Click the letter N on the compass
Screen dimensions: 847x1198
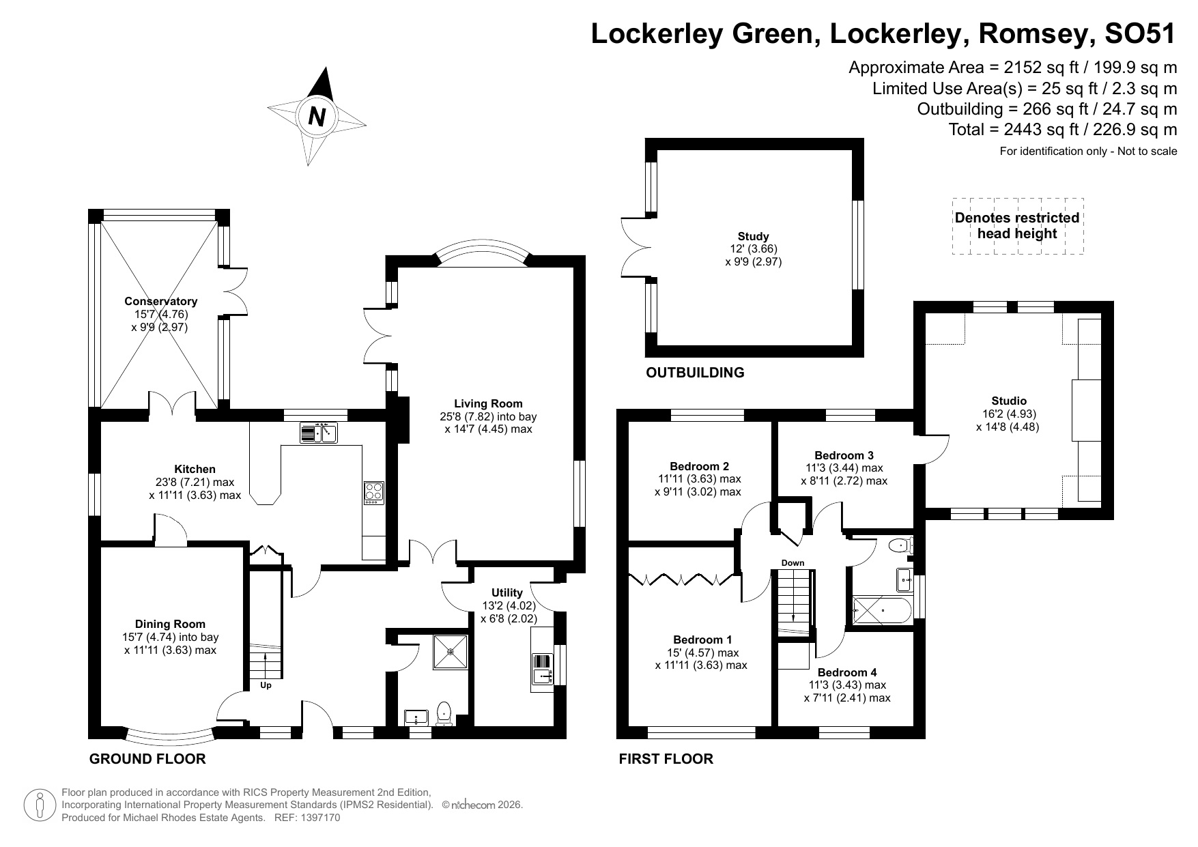316,117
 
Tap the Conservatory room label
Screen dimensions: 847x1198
160,301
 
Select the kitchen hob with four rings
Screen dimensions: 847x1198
373,493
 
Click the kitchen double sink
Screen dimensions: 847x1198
318,433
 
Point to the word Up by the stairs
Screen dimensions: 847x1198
266,685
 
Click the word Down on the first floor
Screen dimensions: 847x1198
793,563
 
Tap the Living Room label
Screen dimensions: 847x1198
488,403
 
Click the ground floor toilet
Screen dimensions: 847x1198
444,713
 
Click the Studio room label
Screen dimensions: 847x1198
1008,401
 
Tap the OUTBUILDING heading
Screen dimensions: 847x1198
695,373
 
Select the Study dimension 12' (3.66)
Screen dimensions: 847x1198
753,249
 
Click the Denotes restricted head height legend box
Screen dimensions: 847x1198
1017,226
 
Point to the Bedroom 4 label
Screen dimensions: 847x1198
846,672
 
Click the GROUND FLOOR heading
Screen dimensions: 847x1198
147,759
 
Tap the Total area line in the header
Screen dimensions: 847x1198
1062,130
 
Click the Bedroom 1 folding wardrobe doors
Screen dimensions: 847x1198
683,580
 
